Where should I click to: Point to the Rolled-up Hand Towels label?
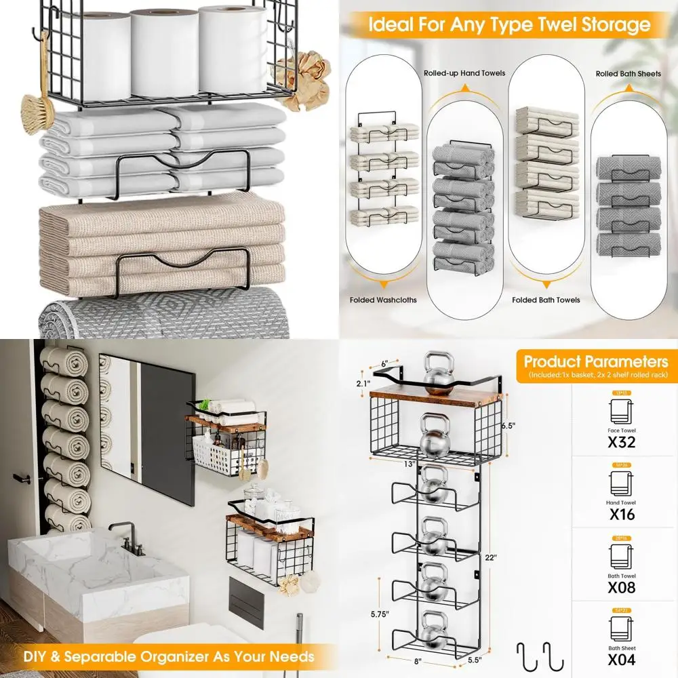tap(464, 73)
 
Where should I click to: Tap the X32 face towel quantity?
tap(621, 443)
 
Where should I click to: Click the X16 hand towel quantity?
tap(621, 515)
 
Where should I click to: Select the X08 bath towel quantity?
tap(621, 588)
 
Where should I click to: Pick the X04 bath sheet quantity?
tap(621, 660)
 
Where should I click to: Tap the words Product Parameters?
tap(595, 361)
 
